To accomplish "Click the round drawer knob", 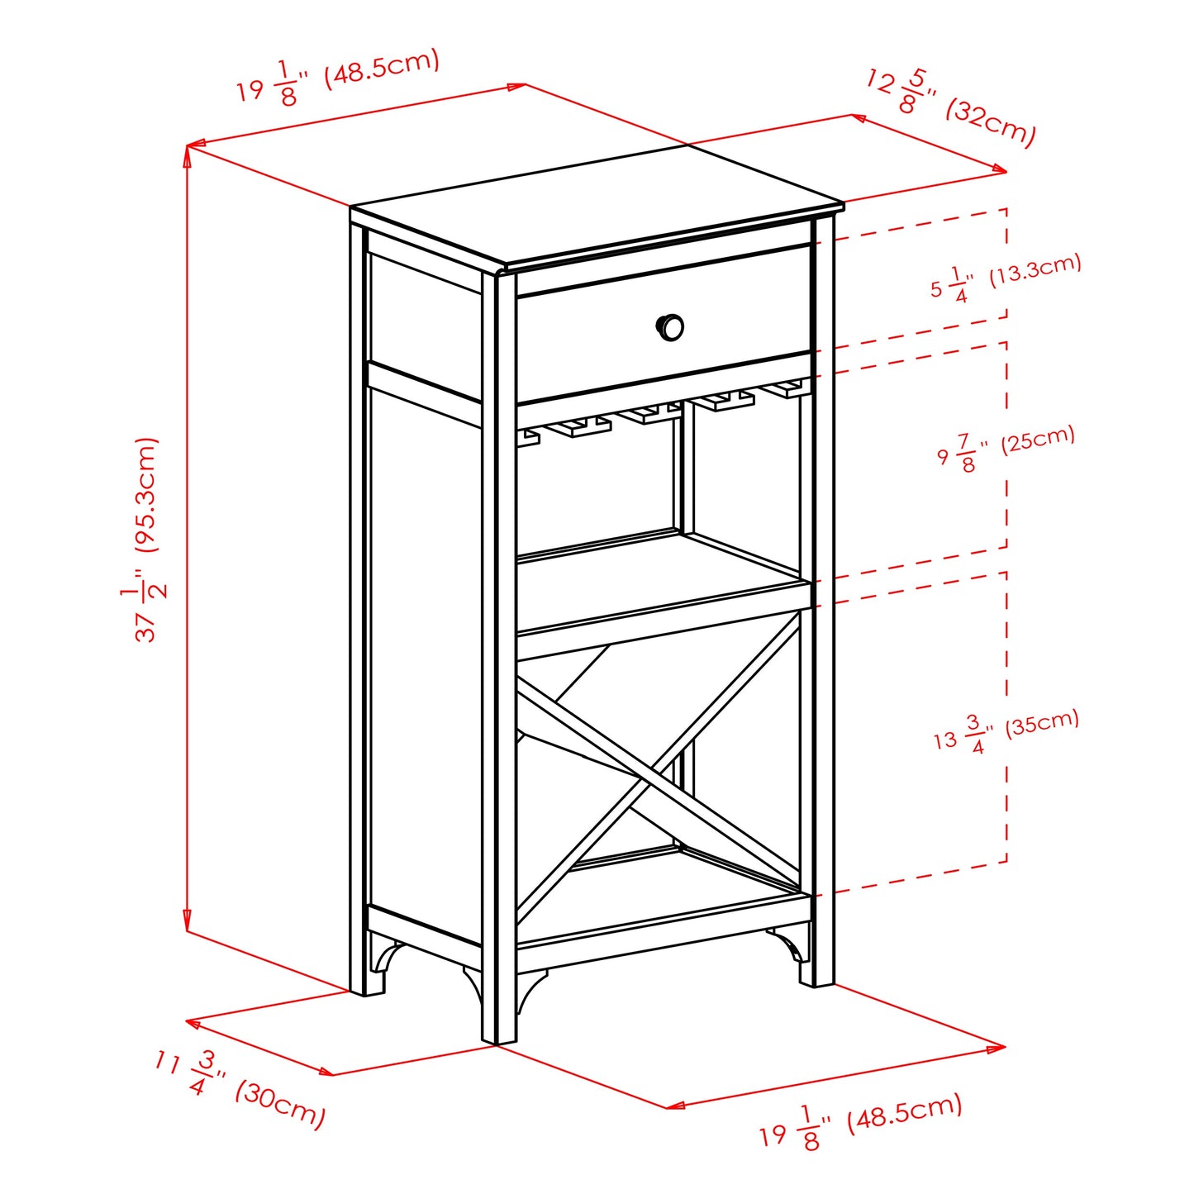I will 670,326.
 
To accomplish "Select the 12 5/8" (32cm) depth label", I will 950,107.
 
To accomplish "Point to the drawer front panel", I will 595,339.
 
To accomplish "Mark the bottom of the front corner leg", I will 499,1037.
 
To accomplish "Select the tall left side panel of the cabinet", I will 423,661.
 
